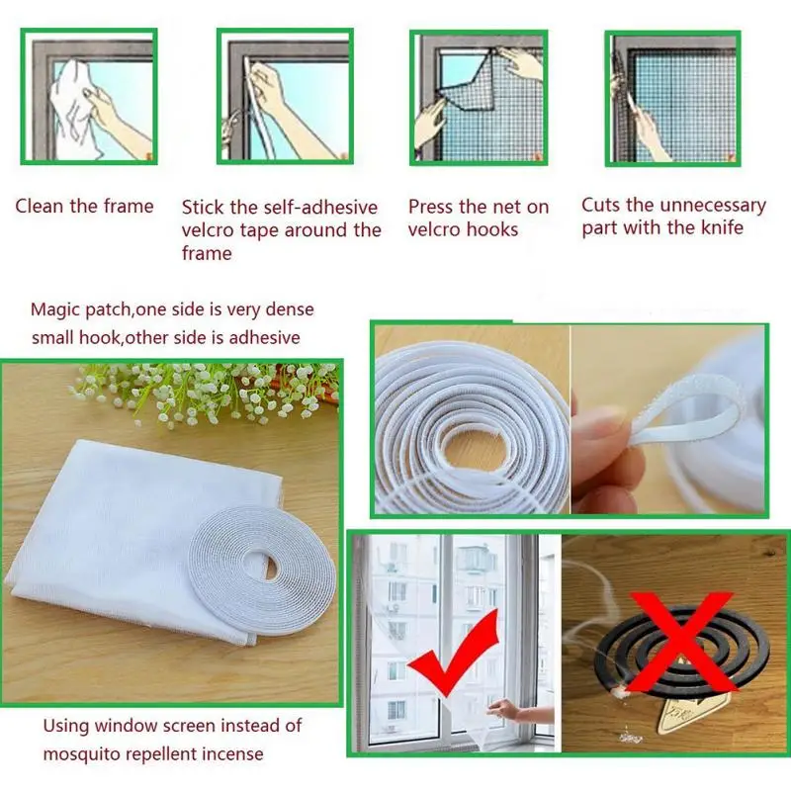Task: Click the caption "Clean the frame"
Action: click(84, 207)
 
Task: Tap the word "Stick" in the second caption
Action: click(203, 208)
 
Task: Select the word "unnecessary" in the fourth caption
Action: click(710, 205)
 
